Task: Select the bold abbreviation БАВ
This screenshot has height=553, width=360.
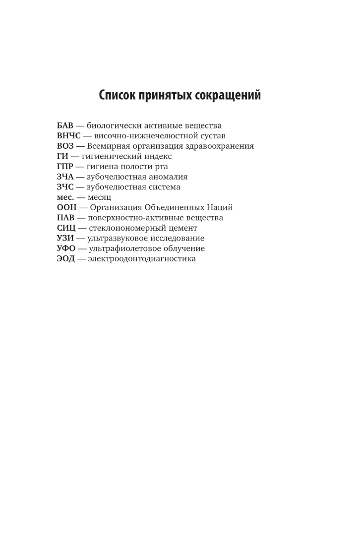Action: click(65, 125)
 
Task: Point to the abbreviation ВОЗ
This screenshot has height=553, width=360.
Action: click(65, 146)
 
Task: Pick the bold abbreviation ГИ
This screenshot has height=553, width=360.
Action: click(62, 156)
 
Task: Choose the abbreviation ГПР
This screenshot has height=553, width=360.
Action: click(65, 166)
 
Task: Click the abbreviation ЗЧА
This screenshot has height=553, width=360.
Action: click(65, 177)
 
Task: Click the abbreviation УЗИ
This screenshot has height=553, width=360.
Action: click(65, 238)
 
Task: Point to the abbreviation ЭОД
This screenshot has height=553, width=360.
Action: click(65, 259)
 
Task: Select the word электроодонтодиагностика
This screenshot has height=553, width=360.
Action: click(142, 259)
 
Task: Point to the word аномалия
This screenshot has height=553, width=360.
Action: click(165, 177)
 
